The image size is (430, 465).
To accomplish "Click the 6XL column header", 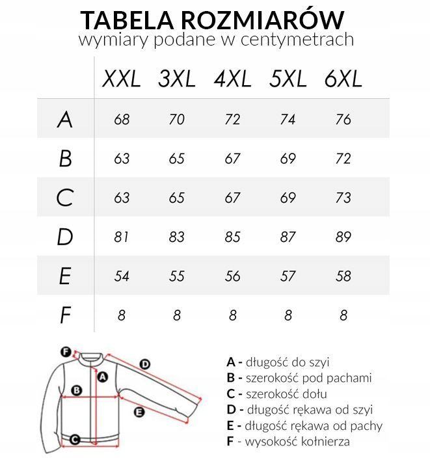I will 343,79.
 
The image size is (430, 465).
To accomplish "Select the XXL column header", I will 122,79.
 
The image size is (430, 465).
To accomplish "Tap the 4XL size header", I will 232,79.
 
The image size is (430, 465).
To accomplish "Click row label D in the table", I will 64,237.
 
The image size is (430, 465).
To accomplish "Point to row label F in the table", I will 64,315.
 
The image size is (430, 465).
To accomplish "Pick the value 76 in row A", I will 343,120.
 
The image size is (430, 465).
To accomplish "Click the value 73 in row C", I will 343,198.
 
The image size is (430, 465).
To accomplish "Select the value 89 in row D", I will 343,237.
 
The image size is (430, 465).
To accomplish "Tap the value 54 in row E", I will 122,276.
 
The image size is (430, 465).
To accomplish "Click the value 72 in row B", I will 343,159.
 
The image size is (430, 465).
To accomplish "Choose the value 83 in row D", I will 177,237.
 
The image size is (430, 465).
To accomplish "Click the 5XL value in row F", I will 288,315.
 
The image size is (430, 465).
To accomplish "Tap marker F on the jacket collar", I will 65,352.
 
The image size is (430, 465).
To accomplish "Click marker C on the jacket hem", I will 75,440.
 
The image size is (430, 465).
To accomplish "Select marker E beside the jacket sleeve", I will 138,412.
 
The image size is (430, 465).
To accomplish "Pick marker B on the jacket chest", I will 76,391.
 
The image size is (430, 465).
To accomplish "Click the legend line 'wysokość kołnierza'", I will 288,442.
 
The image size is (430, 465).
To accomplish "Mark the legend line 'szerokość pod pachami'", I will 299,378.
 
